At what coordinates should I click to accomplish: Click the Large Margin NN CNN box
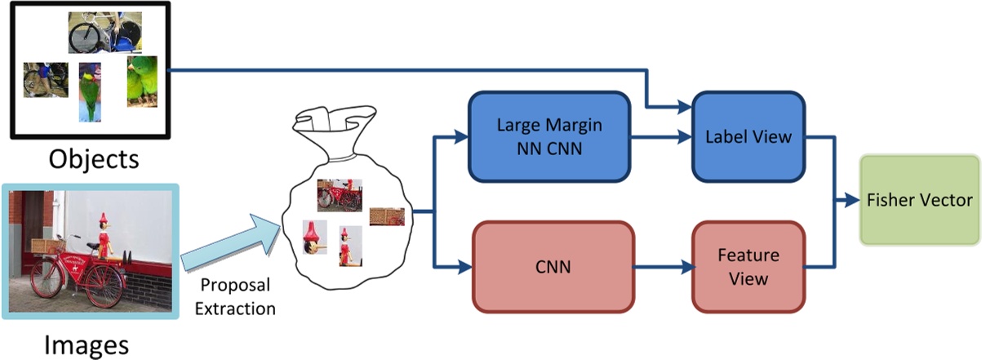(x=549, y=136)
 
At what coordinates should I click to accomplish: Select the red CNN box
(x=553, y=266)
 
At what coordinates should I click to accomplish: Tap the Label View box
(x=749, y=136)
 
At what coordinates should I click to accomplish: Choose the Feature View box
(x=749, y=266)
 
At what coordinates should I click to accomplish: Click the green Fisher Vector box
(x=920, y=200)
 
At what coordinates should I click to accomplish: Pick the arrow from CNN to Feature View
(x=662, y=266)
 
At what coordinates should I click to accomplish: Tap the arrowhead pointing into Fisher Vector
(x=854, y=200)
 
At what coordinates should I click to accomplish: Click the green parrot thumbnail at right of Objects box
(x=140, y=81)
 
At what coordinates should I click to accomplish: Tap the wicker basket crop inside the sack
(x=387, y=216)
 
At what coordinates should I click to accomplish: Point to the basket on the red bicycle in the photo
(x=48, y=245)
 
